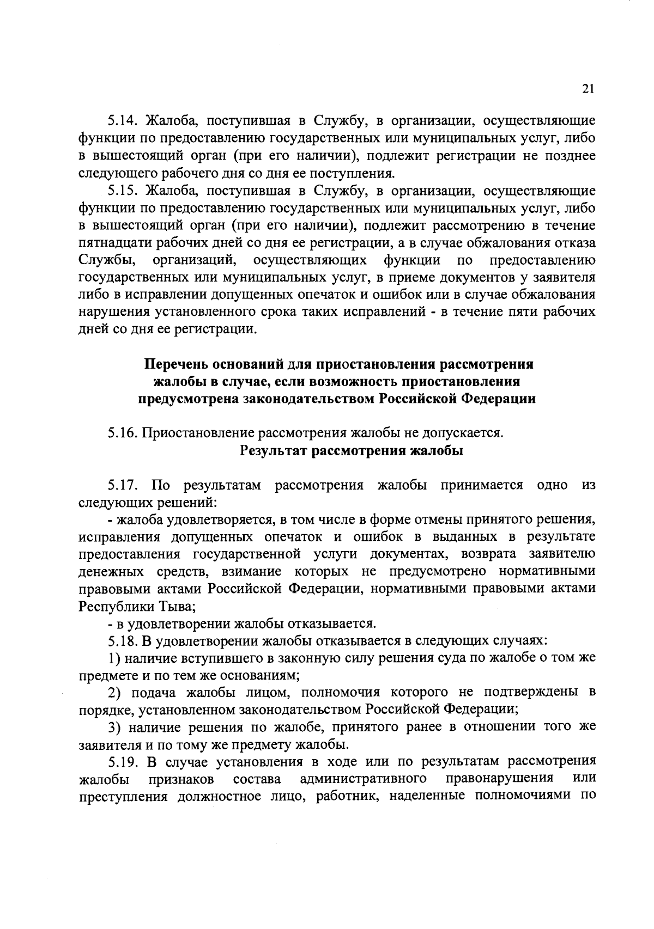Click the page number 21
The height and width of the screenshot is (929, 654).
pos(588,90)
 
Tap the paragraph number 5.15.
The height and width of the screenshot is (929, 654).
pos(122,191)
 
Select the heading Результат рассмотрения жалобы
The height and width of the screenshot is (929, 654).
pos(351,451)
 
